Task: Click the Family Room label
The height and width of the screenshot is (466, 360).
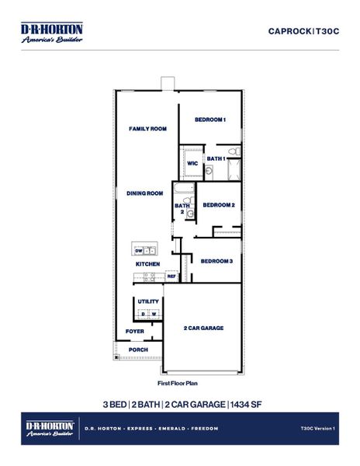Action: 147,129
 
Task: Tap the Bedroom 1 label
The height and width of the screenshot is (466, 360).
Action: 209,120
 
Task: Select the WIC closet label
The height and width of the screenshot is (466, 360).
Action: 192,163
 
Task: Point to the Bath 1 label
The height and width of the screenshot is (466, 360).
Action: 216,158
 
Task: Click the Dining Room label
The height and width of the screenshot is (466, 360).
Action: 145,193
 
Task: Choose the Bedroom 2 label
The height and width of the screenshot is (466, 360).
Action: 218,205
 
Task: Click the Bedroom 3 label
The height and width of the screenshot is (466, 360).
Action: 216,261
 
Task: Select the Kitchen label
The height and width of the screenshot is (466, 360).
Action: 147,264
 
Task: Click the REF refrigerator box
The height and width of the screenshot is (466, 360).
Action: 171,276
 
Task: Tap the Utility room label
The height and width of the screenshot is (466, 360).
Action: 148,301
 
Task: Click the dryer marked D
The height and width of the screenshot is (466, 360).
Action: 143,314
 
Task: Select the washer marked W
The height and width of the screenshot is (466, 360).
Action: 154,314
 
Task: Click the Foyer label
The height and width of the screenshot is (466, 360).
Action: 134,332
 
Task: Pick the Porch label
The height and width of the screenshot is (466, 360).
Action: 137,349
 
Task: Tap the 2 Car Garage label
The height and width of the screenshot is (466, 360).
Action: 203,329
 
